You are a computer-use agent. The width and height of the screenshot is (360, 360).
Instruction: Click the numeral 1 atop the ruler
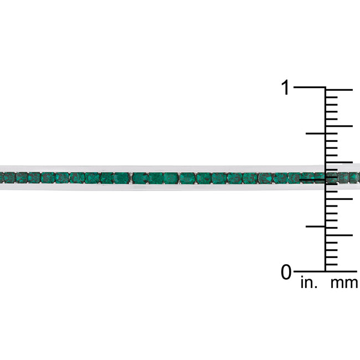[x=286, y=88]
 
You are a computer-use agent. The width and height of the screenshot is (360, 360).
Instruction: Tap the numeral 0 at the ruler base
[x=286, y=272]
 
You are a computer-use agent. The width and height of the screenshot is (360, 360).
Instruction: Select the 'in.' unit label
[x=309, y=283]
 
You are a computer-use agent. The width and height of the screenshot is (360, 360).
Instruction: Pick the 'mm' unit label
[x=344, y=284]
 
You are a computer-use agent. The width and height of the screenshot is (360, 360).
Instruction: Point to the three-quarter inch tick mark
[x=316, y=133]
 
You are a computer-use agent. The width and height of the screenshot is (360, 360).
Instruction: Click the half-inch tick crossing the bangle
[x=312, y=180]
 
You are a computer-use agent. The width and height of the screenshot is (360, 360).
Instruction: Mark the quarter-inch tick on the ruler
[x=316, y=227]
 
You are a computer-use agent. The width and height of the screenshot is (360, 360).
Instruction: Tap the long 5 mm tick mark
[x=339, y=235]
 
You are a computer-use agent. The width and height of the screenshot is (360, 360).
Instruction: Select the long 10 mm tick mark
[x=339, y=199]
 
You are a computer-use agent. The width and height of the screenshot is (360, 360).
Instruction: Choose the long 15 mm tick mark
[x=339, y=162]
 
